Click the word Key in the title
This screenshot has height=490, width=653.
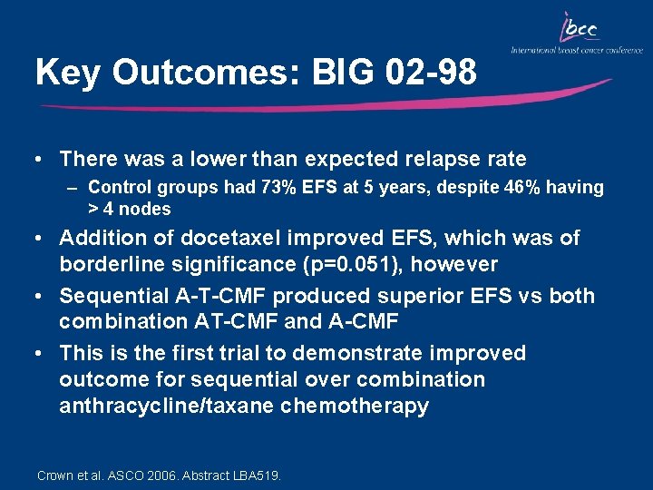click(x=67, y=73)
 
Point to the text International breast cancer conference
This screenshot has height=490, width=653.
click(x=577, y=51)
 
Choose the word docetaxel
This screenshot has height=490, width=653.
click(x=226, y=239)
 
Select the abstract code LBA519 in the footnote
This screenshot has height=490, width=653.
click(x=257, y=475)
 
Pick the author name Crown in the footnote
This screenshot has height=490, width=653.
click(x=54, y=475)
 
